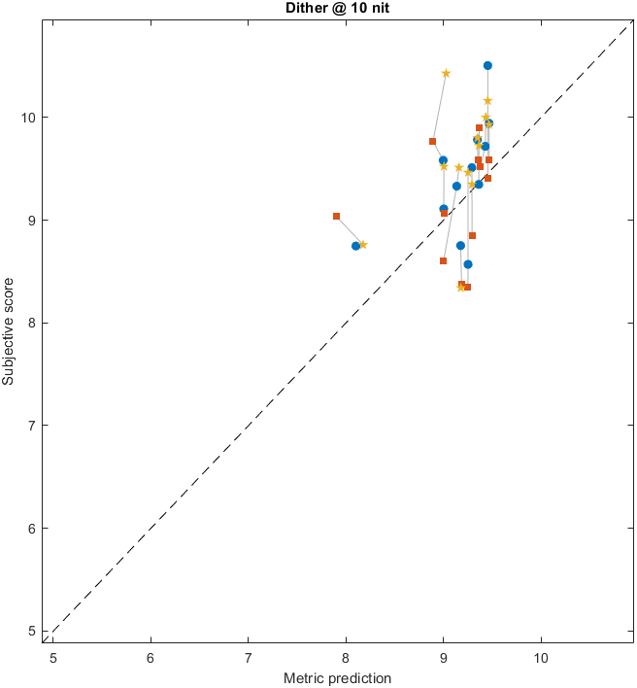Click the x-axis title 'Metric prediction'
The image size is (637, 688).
(336, 677)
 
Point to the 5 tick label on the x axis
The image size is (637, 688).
(53, 656)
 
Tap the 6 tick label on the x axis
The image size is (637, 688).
(151, 656)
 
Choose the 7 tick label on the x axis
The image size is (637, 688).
(248, 656)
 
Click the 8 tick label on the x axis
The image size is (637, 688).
(346, 656)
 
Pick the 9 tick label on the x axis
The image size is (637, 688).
(443, 656)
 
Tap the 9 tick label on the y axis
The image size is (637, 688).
(34, 221)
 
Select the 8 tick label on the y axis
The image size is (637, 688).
(34, 323)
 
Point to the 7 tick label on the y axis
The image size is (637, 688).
(34, 426)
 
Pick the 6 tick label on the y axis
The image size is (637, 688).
(34, 529)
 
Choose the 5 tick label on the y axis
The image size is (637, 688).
(34, 631)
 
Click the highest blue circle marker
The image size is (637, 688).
(487, 66)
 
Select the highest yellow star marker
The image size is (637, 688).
(446, 74)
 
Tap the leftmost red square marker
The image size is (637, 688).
(336, 216)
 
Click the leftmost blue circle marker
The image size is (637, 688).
(356, 246)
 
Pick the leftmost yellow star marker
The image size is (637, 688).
(363, 245)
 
